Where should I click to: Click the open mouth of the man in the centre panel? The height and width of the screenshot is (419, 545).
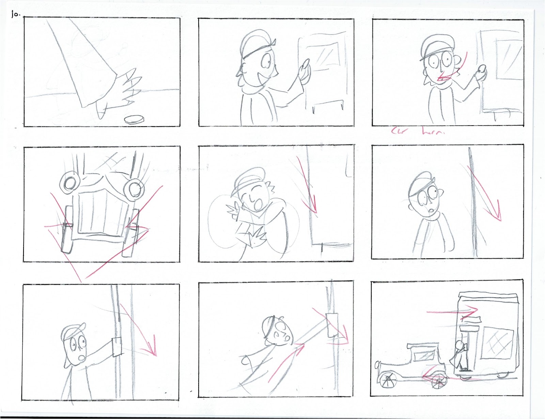click(255, 205)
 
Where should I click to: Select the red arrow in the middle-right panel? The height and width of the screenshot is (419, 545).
click(487, 197)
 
